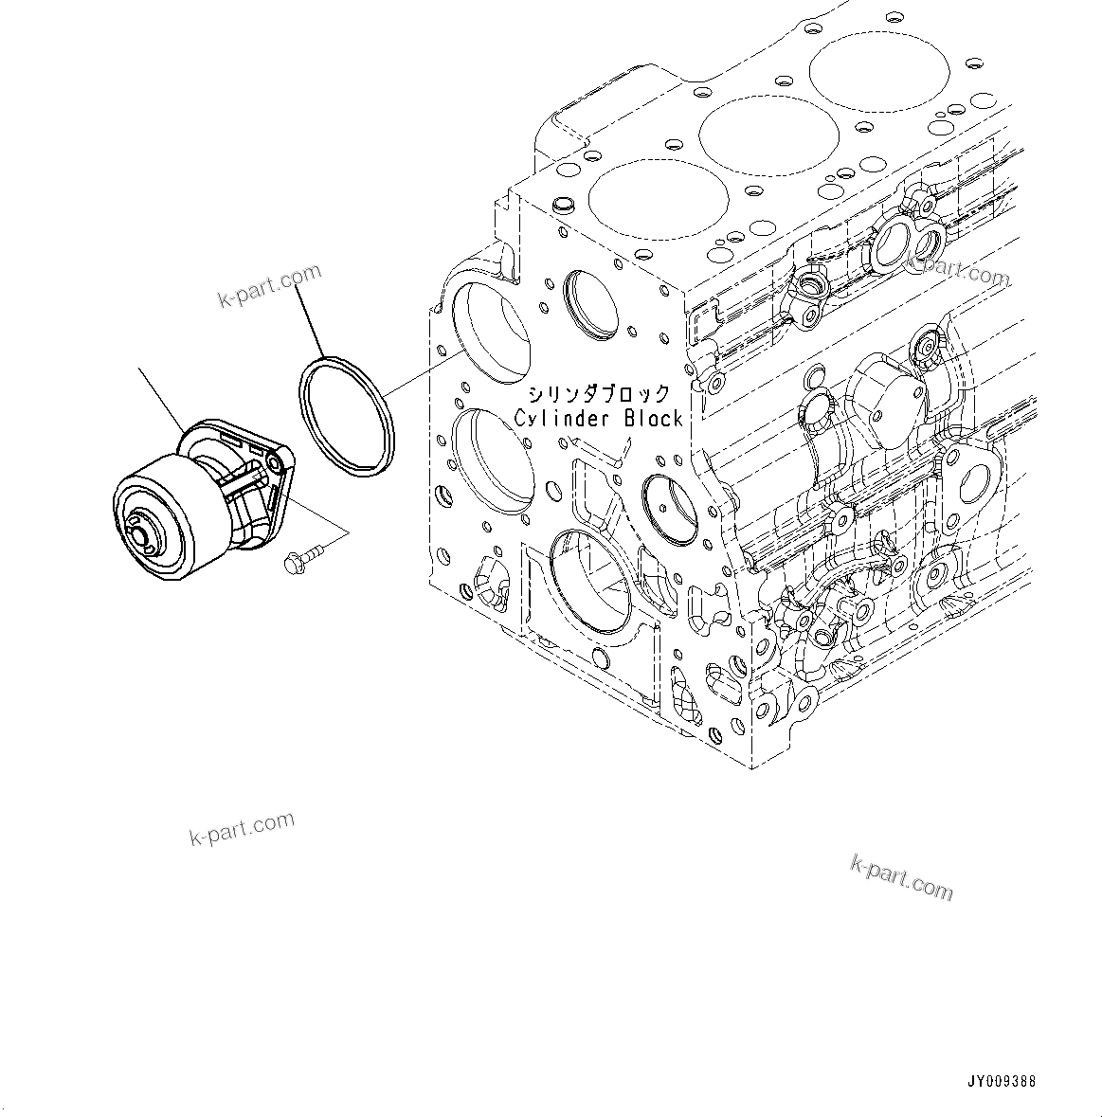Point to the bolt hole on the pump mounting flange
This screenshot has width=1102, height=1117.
[275, 461]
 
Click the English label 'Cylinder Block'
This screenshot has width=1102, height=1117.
[598, 418]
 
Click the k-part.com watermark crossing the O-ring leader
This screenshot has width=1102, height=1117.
[270, 286]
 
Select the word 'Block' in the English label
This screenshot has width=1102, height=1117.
[653, 418]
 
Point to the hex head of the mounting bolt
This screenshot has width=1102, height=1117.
[292, 564]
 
